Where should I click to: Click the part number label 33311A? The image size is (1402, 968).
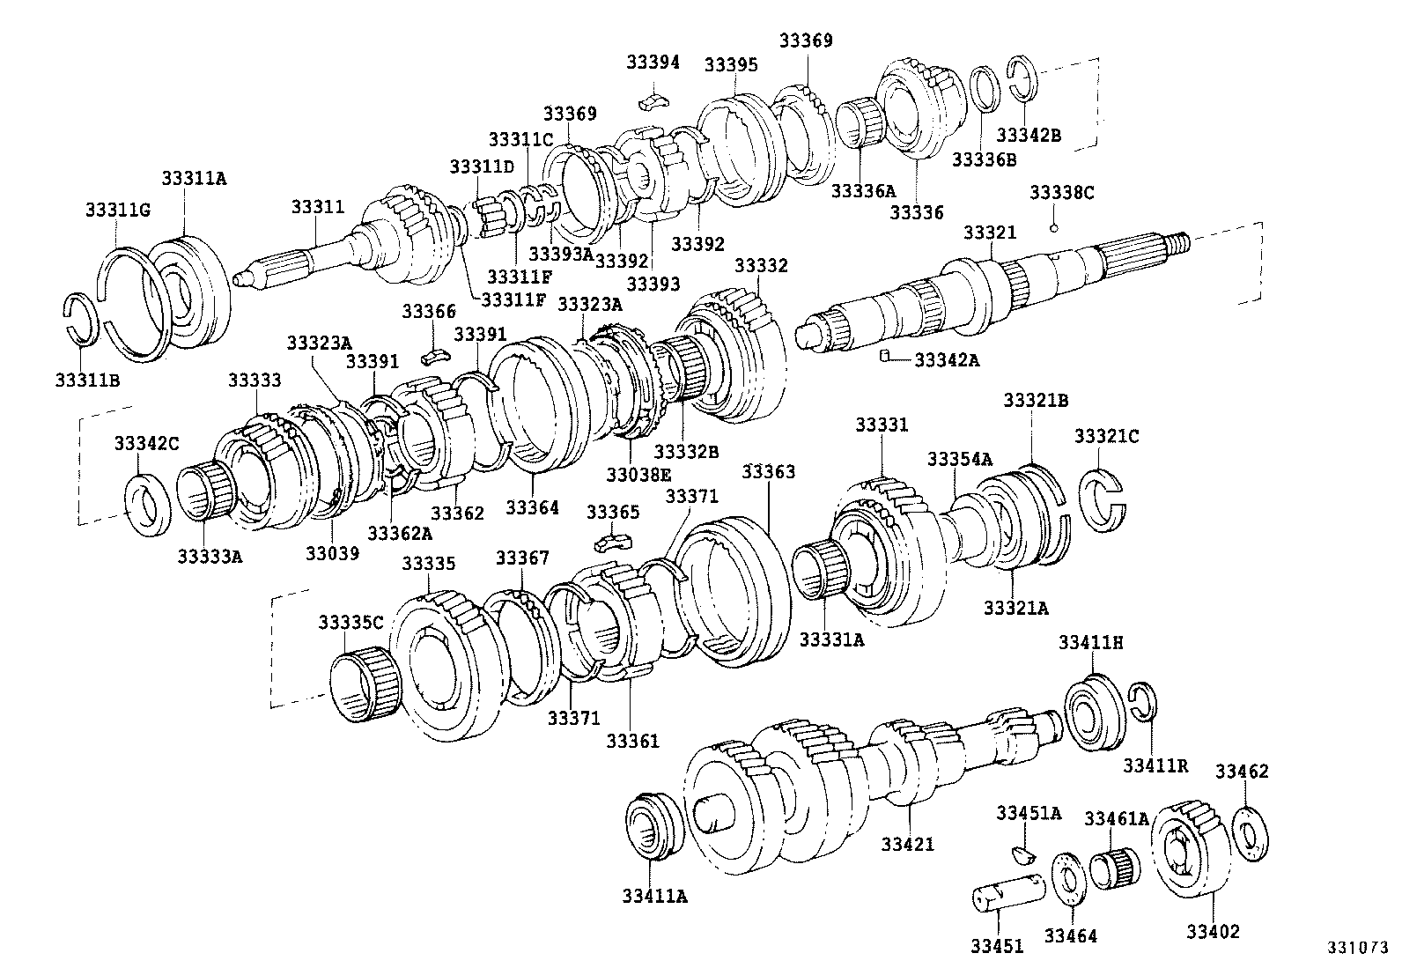pos(194,178)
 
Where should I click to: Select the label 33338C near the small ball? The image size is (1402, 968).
pos(1061,192)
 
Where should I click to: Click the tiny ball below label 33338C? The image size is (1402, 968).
pos(1054,228)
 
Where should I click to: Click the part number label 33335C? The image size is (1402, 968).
pos(350,623)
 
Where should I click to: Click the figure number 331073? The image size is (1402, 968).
pos(1358,948)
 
